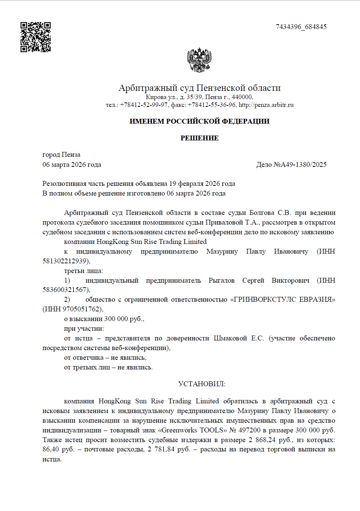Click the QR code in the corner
point(36,37)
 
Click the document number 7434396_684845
point(301,27)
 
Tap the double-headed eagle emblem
point(199,60)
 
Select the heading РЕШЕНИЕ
point(200,138)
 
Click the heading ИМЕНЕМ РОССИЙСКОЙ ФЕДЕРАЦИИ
point(199,121)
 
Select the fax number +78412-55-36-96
point(212,105)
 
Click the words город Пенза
point(61,155)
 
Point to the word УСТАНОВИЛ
point(202,384)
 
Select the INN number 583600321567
point(66,290)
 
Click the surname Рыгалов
point(222,280)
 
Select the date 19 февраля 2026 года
point(202,184)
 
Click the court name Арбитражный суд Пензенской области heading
point(200,88)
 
